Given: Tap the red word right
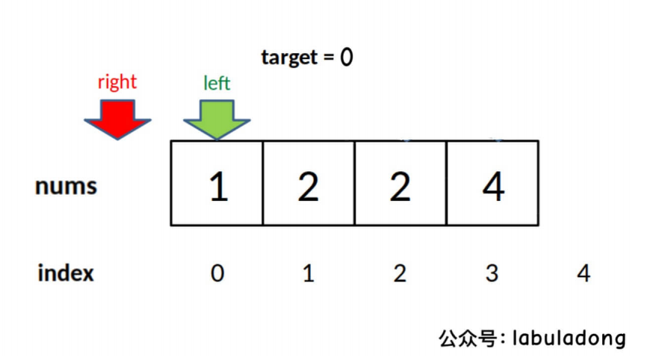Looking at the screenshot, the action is [x=117, y=81].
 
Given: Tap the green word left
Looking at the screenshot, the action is [x=217, y=83].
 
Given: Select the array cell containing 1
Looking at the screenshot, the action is [x=217, y=183].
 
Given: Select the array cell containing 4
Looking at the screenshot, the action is [x=492, y=183].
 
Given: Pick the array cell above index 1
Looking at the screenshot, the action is [x=309, y=183].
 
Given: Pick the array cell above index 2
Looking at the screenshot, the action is [x=400, y=183].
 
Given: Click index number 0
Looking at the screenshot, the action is [x=217, y=273].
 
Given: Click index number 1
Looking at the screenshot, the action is [x=309, y=273].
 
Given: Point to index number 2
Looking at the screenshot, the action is [x=400, y=273].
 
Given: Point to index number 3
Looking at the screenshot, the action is [x=492, y=273].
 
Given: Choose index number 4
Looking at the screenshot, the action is [x=584, y=273].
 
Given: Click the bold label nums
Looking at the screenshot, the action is [x=66, y=186].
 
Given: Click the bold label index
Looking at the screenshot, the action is [x=66, y=273].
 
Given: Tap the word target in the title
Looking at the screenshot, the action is [x=290, y=58].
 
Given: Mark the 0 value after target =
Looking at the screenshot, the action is [x=346, y=58].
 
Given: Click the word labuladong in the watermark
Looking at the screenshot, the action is [x=569, y=338].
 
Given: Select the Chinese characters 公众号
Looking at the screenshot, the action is [x=467, y=338].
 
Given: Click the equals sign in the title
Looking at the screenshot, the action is [x=329, y=58].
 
